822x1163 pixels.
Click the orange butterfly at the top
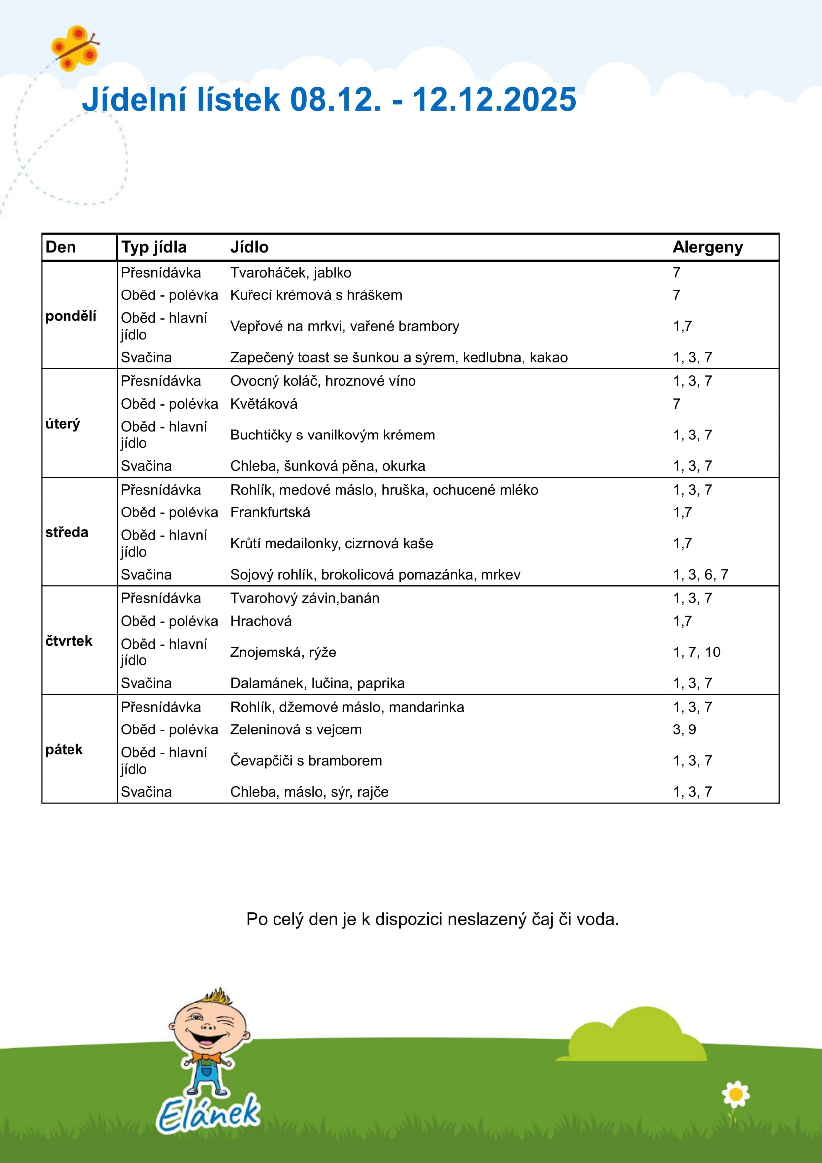pos(75,48)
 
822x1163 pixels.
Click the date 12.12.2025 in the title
pos(494,99)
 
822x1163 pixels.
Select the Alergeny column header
pos(707,247)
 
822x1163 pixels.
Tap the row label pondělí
pos(70,316)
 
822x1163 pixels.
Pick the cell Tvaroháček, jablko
pos(291,273)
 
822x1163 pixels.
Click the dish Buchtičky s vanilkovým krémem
pos(332,435)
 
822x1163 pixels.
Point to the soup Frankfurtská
pos(270,512)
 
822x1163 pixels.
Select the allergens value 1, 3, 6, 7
pos(700,575)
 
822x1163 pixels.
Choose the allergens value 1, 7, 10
pos(696,652)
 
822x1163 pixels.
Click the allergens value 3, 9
pos(684,729)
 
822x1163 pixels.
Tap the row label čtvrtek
pos(69,641)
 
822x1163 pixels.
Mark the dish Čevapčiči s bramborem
pos(306,760)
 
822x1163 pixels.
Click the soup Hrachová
pos(261,621)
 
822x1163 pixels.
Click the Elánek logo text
pos(208,1114)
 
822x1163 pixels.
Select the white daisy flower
pos(736,1094)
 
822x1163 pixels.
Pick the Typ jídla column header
pos(153,247)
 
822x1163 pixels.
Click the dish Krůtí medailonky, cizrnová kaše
pos(331,543)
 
